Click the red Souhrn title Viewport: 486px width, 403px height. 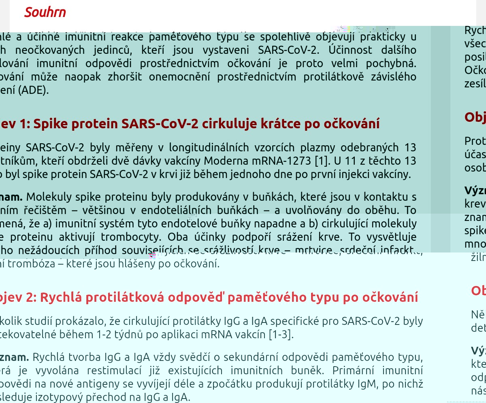tap(45, 13)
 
